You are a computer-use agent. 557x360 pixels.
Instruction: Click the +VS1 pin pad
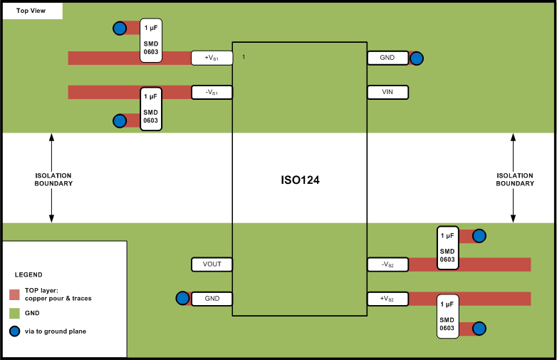[x=212, y=58]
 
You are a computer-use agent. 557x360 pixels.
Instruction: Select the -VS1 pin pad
[x=212, y=92]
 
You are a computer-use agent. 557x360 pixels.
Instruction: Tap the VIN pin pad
[x=387, y=92]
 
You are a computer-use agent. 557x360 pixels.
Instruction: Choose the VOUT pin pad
[x=212, y=264]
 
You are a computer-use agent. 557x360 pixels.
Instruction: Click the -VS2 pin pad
[x=387, y=264]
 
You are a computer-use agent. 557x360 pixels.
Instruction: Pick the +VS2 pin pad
[x=387, y=299]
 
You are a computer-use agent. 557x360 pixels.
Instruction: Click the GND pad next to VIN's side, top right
[x=387, y=58]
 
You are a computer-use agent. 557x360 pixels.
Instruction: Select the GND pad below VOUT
[x=212, y=299]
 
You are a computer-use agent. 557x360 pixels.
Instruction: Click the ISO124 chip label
[x=300, y=180]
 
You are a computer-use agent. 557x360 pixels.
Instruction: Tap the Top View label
[x=31, y=11]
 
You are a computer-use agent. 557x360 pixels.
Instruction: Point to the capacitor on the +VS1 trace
[x=151, y=40]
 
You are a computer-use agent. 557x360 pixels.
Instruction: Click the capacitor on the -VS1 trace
[x=151, y=108]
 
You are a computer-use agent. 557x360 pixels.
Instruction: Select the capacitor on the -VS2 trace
[x=447, y=248]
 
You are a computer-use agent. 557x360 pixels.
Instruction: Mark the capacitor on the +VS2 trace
[x=447, y=317]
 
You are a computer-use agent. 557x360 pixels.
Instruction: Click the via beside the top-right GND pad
[x=417, y=58]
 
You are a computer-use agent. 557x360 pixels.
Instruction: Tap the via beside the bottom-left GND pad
[x=182, y=299]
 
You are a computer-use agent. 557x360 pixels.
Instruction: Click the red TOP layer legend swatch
[x=14, y=294]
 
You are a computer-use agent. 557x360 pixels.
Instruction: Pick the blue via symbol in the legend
[x=14, y=331]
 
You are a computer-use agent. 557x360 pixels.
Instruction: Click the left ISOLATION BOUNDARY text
[x=53, y=179]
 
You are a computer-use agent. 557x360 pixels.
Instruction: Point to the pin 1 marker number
[x=244, y=56]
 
